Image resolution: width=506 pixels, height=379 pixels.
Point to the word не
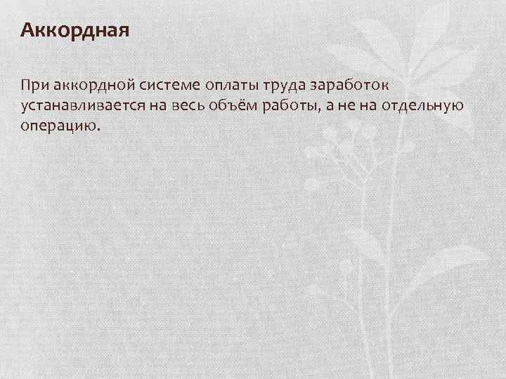pos(345,106)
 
